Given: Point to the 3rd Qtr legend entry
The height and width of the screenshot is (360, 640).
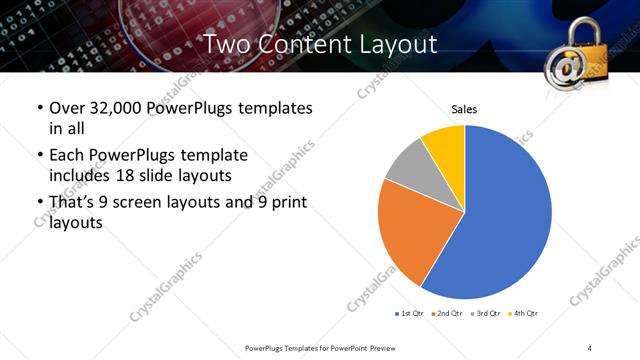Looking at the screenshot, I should [x=486, y=314].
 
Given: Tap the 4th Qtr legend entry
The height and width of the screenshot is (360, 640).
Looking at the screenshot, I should [x=525, y=314].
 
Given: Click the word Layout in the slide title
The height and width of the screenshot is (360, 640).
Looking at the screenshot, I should [x=391, y=44].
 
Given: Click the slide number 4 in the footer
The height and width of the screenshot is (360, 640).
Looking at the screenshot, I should [x=590, y=347].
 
